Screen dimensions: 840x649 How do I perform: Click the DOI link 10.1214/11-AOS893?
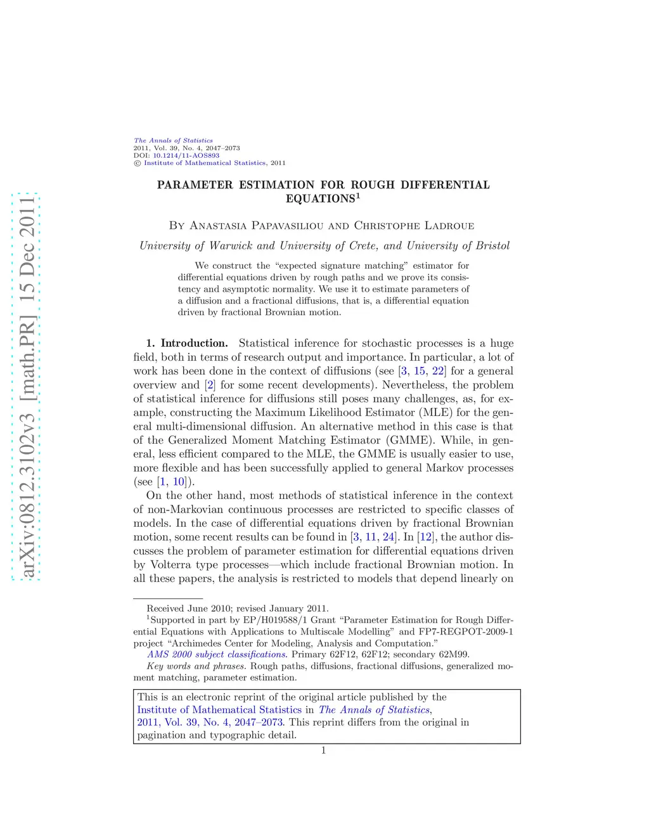point(186,155)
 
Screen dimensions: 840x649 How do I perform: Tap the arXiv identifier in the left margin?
point(26,386)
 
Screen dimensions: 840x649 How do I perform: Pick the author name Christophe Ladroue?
point(414,226)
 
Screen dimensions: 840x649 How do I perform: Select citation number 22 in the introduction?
point(438,372)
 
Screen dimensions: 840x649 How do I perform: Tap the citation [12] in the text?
point(425,537)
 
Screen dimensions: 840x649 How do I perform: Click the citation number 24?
point(389,537)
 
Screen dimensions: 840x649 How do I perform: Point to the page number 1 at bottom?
point(323,751)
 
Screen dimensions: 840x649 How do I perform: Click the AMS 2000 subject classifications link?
point(217,654)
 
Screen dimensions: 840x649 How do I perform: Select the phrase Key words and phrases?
point(196,666)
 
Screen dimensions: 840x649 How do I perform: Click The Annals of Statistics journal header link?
point(173,141)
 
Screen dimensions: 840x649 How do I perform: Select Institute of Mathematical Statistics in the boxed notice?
point(219,710)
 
